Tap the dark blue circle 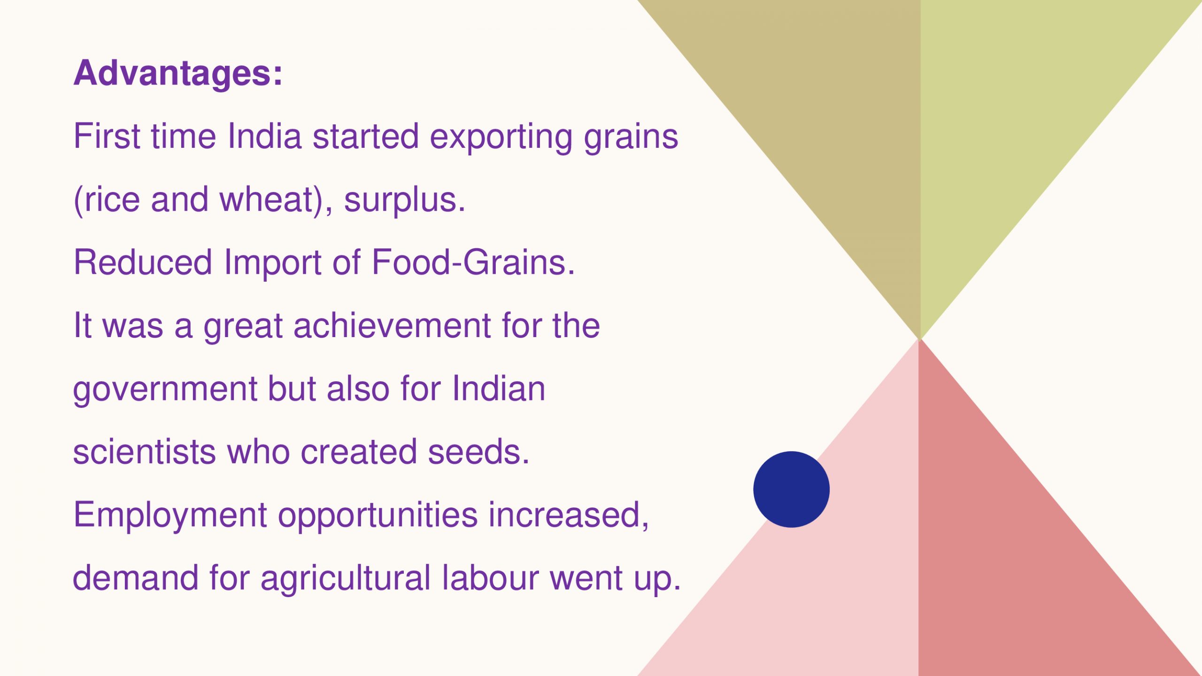[x=791, y=489]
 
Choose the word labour [x=490, y=577]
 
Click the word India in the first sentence [x=264, y=136]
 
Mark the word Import [x=273, y=263]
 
